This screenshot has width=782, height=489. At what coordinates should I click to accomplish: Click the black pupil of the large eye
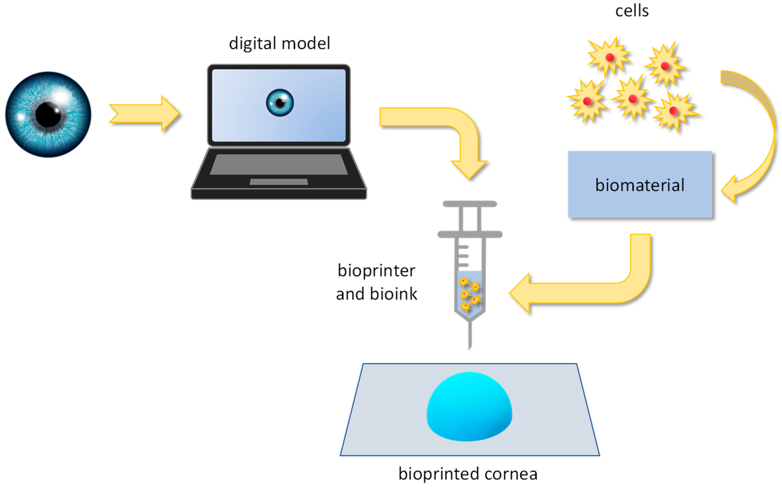point(48,114)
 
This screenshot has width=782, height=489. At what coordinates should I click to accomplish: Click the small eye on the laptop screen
point(280,103)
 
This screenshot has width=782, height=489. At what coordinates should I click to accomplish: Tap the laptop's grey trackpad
point(279,182)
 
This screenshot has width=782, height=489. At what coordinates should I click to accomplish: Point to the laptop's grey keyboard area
point(279,164)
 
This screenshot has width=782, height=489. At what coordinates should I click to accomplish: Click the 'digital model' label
point(279,43)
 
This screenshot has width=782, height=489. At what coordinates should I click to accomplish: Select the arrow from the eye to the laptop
point(144,113)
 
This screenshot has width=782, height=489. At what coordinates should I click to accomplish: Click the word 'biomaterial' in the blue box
point(639,185)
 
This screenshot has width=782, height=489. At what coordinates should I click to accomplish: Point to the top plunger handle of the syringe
point(470,204)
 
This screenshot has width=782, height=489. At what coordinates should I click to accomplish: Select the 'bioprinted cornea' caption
point(468,474)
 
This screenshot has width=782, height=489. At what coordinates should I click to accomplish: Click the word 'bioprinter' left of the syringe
point(376,270)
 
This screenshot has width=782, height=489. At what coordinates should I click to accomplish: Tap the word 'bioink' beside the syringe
point(393,294)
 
